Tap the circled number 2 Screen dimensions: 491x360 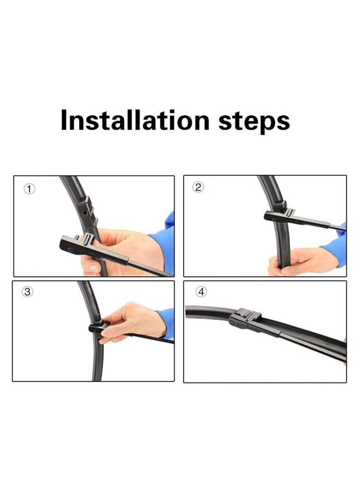[x=198, y=188]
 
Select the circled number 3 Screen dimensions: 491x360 [x=28, y=292]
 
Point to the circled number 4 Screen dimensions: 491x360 [x=201, y=292]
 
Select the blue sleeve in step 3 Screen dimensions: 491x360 [x=167, y=322]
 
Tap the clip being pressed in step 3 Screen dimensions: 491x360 [x=98, y=327]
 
